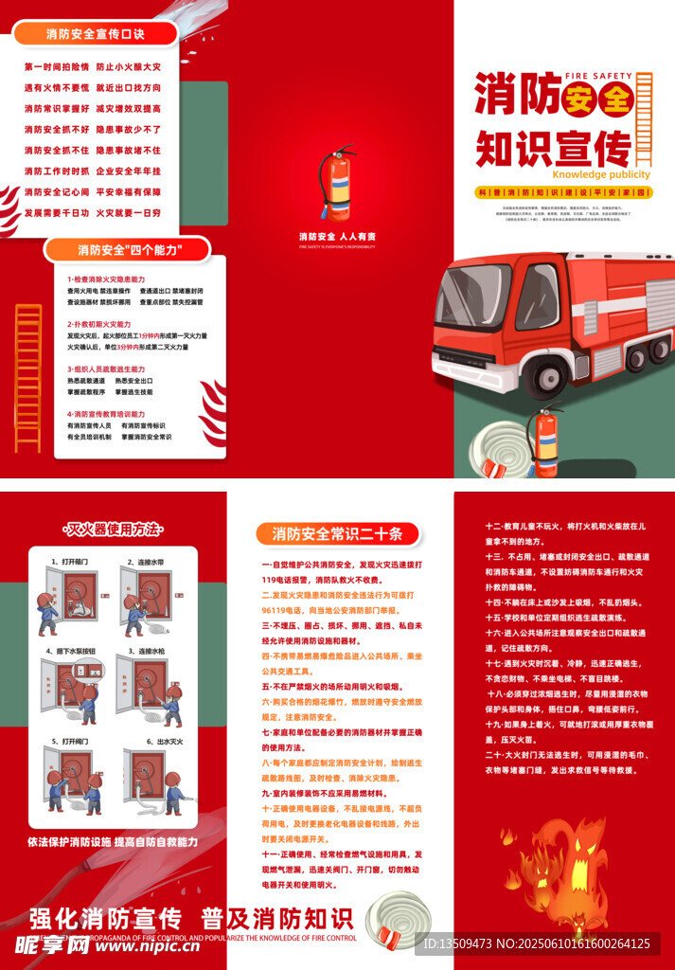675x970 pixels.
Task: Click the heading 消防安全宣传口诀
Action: click(96, 33)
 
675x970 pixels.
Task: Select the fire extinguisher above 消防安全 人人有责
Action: click(336, 185)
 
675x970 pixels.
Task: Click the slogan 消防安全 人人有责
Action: click(337, 236)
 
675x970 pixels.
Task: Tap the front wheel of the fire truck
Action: click(552, 375)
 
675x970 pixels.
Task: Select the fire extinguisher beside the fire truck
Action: click(547, 441)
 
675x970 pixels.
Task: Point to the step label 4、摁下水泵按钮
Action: click(70, 652)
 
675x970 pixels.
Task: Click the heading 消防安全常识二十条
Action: click(337, 533)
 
